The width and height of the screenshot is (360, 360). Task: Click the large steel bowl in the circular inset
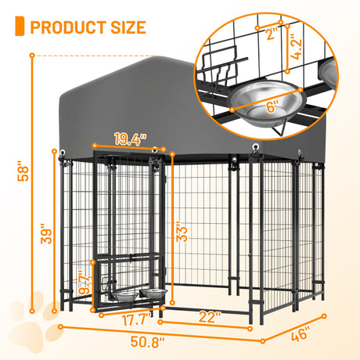[x=263, y=96]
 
